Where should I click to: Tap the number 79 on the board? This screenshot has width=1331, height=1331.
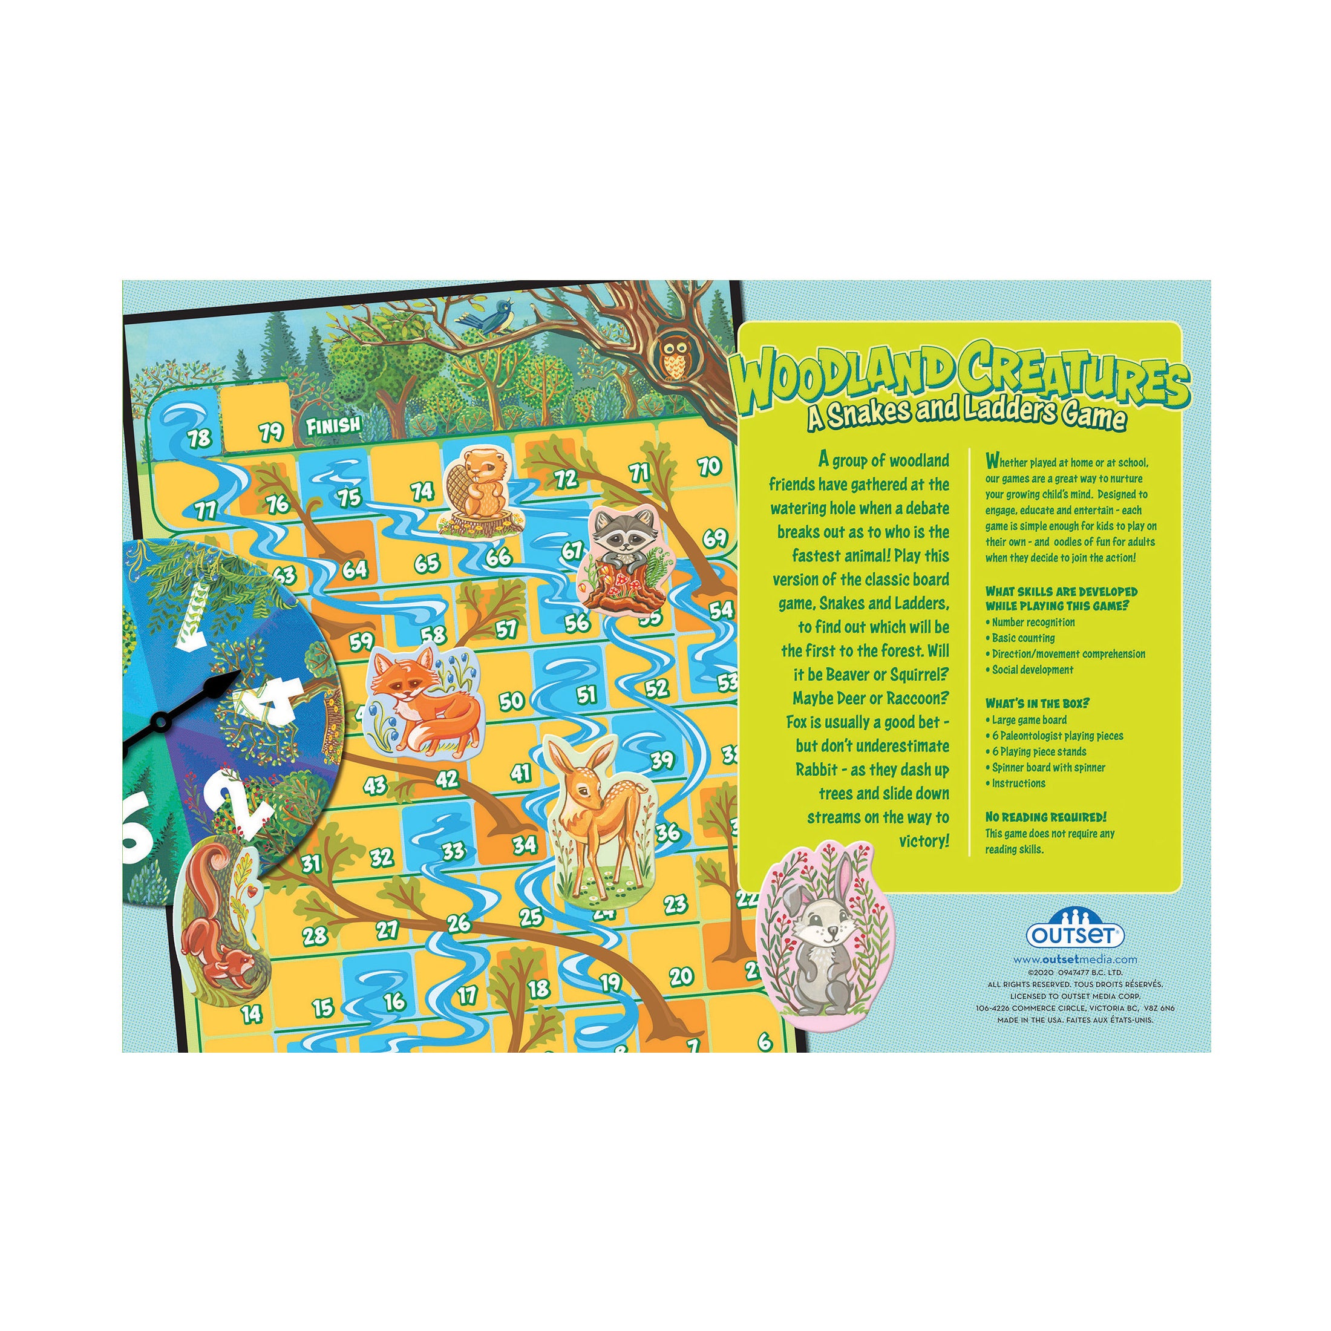272,432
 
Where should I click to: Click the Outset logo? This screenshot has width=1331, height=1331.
1076,934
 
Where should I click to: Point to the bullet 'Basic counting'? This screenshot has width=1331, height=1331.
1023,638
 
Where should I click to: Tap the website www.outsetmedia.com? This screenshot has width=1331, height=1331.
1074,959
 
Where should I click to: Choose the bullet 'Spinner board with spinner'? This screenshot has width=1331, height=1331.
1048,768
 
